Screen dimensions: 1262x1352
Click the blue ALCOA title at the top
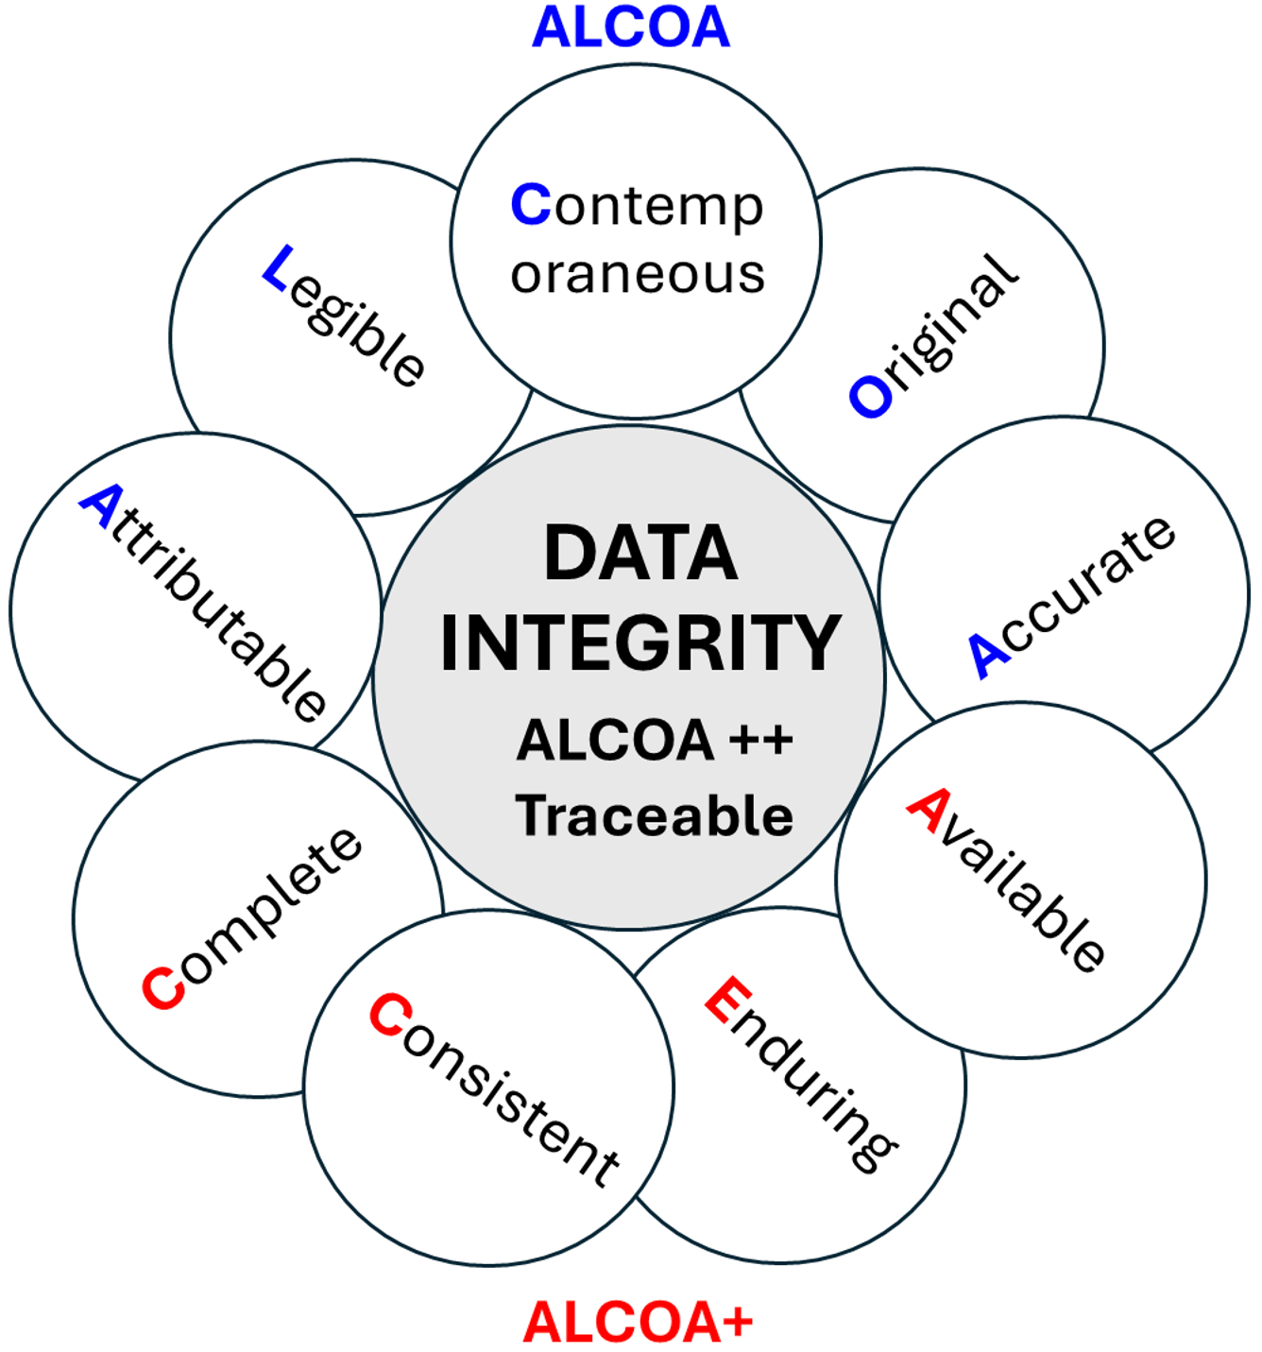click(631, 27)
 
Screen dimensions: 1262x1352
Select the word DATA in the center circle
click(640, 554)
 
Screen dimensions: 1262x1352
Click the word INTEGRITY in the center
click(640, 643)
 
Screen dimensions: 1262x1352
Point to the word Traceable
click(655, 816)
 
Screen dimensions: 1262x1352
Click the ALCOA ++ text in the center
click(655, 740)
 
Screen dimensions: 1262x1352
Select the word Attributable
click(204, 603)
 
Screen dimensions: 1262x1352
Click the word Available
click(1007, 880)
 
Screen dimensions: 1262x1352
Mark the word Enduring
click(801, 1074)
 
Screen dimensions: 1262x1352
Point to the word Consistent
click(494, 1088)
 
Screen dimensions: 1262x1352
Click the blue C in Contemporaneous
click(530, 204)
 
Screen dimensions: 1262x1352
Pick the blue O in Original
click(870, 397)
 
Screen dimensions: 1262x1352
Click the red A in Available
click(928, 811)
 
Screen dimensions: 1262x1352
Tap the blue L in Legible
click(279, 267)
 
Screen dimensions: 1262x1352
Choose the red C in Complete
click(162, 988)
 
